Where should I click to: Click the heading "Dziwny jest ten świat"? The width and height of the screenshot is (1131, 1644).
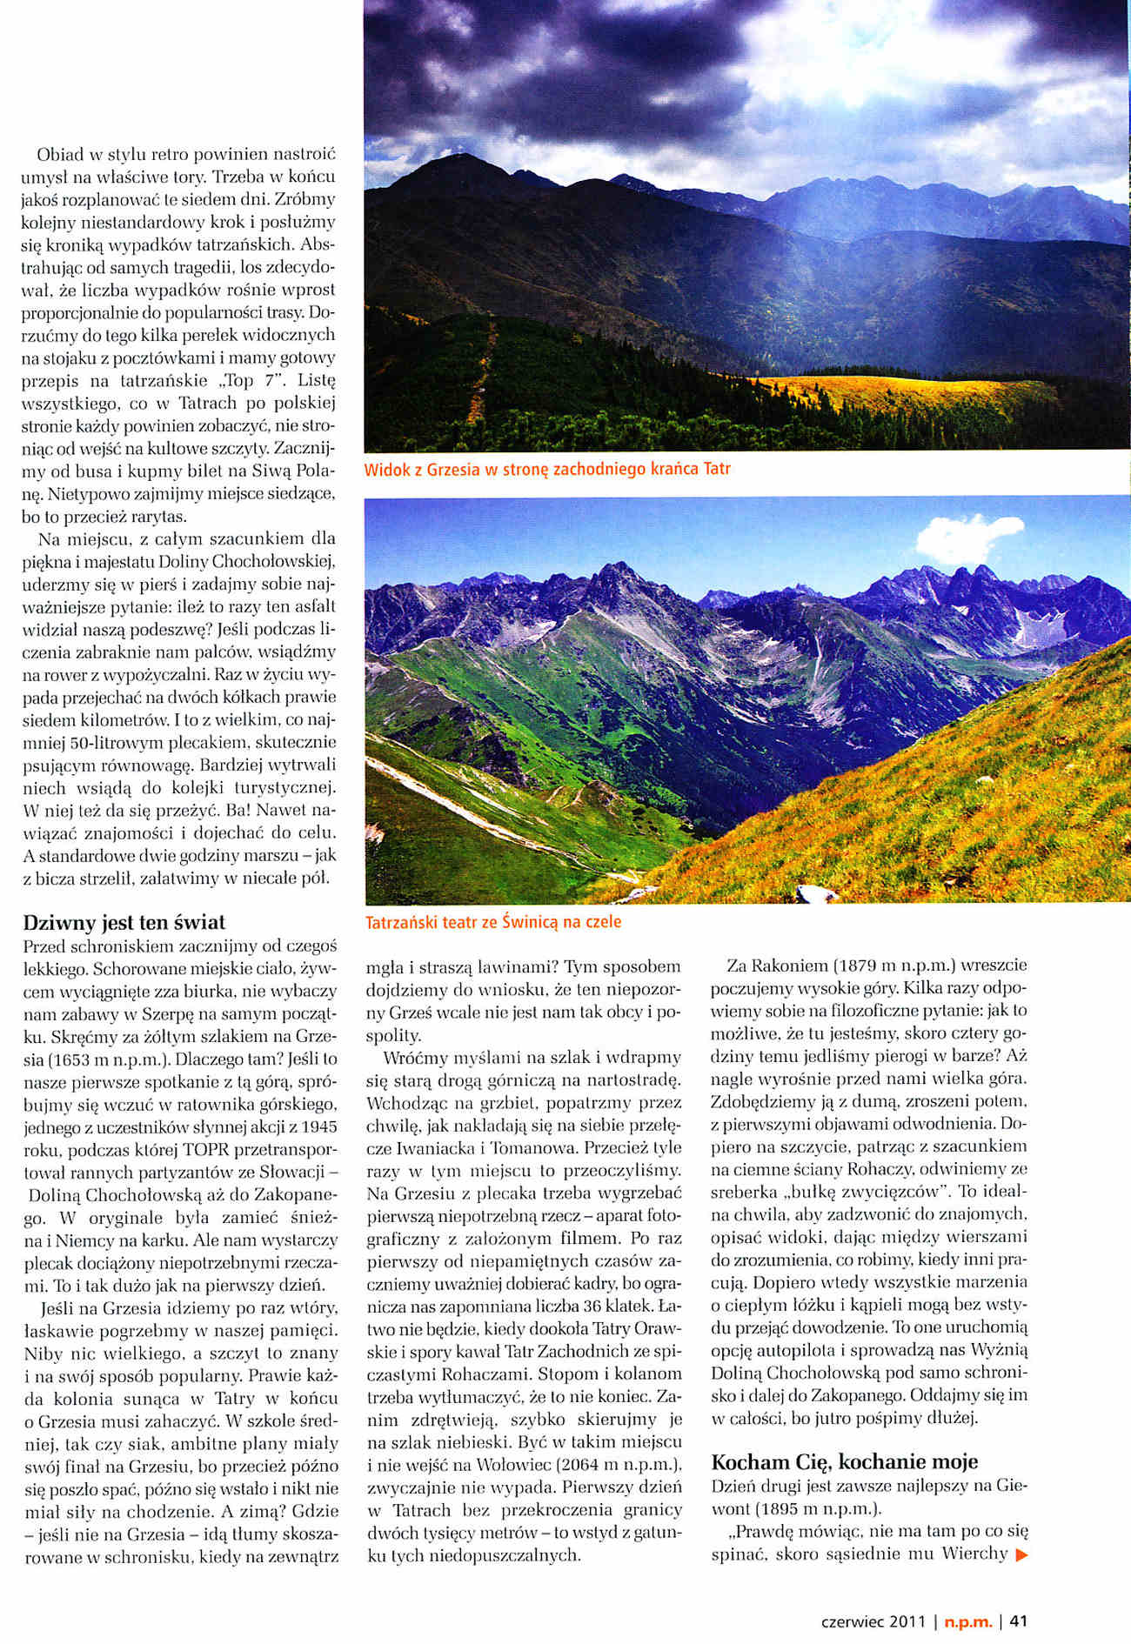click(x=124, y=923)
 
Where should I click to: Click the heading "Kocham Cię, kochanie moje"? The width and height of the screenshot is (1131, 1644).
click(x=844, y=1460)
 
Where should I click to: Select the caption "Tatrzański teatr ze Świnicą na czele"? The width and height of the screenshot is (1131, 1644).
click(x=493, y=921)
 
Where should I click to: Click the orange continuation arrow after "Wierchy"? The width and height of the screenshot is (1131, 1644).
click(x=1021, y=1554)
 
